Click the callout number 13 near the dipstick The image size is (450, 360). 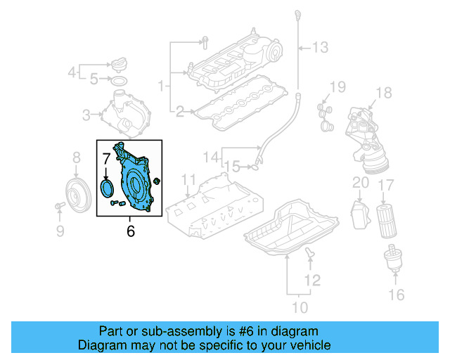[320, 48]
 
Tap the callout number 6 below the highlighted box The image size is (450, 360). [130, 231]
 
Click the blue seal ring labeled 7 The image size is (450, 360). [107, 188]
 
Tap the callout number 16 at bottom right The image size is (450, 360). [397, 293]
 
